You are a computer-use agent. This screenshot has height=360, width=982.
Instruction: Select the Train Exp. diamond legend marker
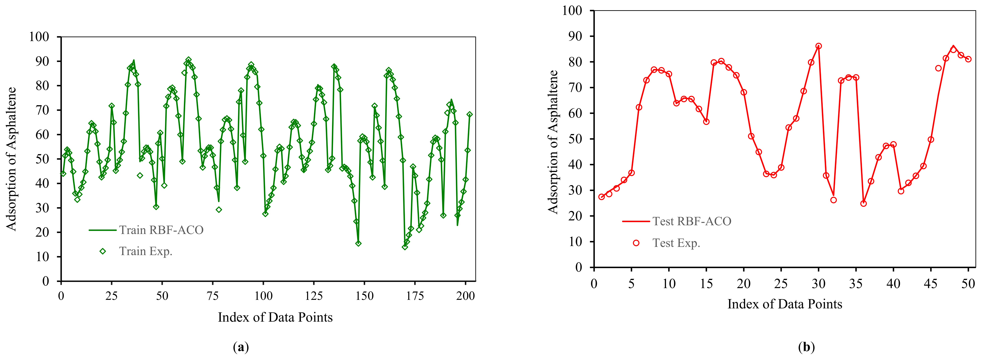[103, 251]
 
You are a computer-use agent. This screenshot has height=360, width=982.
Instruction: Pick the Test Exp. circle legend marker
[636, 243]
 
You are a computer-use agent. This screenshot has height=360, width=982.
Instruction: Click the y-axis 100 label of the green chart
[39, 37]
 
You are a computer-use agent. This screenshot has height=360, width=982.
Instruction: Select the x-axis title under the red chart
[784, 304]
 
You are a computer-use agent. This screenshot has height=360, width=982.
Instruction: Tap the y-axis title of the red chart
[553, 142]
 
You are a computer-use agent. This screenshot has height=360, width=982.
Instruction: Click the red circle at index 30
[819, 46]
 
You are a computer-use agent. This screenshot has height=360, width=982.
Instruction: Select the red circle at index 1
[602, 197]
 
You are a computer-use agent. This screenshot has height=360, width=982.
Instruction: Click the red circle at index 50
[968, 59]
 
